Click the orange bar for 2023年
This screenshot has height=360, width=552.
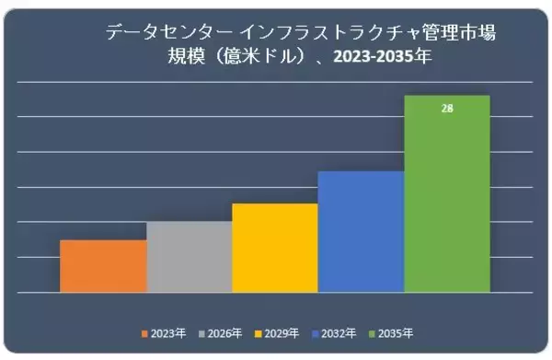coord(103,266)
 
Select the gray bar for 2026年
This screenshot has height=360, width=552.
coord(190,257)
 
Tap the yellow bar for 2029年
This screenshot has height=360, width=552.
coord(275,248)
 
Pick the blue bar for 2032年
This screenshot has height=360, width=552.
coord(361,232)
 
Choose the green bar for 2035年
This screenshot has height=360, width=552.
coord(447,194)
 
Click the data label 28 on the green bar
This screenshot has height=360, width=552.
coord(447,108)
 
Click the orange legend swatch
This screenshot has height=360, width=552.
coord(144,332)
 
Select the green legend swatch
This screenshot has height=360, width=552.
coord(372,332)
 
